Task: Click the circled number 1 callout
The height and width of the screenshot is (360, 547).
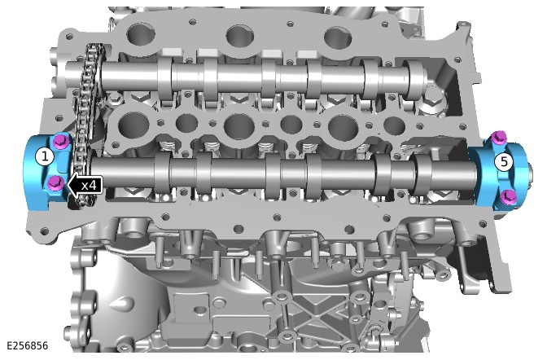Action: pyautogui.click(x=45, y=156)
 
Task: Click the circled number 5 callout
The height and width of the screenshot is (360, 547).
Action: pyautogui.click(x=504, y=161)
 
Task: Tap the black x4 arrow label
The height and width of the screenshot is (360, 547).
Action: pyautogui.click(x=85, y=185)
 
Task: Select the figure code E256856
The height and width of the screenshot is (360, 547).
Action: pyautogui.click(x=27, y=345)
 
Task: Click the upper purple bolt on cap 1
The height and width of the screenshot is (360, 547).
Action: pyautogui.click(x=61, y=141)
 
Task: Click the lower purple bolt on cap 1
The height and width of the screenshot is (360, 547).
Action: pyautogui.click(x=56, y=182)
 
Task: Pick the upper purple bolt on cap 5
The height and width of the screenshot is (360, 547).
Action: pyautogui.click(x=499, y=137)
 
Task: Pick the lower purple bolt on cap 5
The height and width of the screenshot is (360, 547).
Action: pyautogui.click(x=508, y=197)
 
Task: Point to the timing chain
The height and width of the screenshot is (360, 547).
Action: pyautogui.click(x=85, y=122)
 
